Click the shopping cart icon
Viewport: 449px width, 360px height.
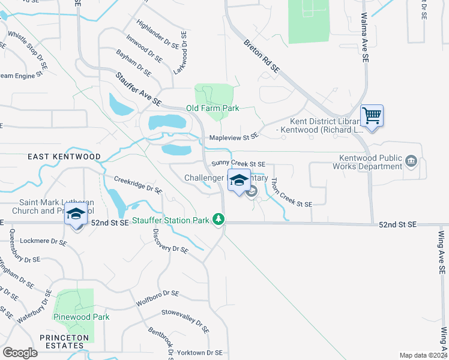(x=372, y=115)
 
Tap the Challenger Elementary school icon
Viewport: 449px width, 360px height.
(x=239, y=181)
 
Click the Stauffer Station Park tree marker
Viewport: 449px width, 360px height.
(x=220, y=220)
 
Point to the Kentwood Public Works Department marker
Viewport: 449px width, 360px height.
(x=412, y=161)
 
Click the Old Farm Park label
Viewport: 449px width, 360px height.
(x=212, y=108)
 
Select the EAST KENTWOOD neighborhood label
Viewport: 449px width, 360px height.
(x=64, y=157)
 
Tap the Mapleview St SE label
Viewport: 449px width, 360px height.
(x=234, y=137)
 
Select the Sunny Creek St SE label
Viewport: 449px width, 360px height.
(x=238, y=164)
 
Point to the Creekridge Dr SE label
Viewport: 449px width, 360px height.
(x=138, y=185)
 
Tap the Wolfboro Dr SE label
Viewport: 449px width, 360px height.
(x=158, y=295)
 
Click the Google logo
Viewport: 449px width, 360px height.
(x=20, y=353)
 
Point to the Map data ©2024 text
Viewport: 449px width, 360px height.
(x=423, y=355)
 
